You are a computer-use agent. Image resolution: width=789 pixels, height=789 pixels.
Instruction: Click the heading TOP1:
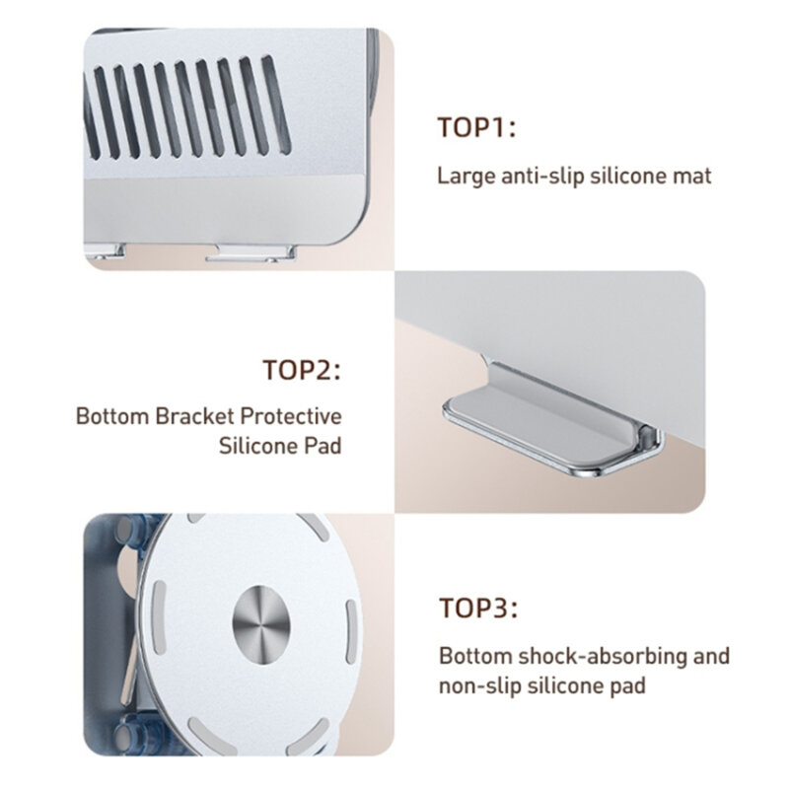(477, 128)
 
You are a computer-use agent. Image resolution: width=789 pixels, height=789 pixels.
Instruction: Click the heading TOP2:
(302, 371)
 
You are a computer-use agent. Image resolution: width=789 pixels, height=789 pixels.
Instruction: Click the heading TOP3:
(477, 609)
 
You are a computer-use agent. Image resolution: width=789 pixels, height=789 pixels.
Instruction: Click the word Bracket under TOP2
(193, 414)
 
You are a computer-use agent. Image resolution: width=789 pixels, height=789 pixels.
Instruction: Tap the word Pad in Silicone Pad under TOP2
(322, 446)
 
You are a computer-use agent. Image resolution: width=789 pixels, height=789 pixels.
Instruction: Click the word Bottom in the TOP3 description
(470, 656)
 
